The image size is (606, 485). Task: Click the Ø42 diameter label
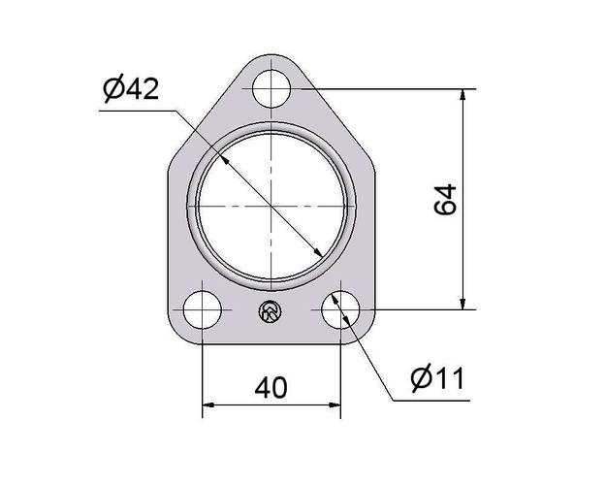click(x=131, y=89)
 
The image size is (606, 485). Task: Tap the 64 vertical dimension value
click(x=445, y=200)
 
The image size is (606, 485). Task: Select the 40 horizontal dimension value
click(x=271, y=388)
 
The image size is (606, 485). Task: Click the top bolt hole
click(x=271, y=88)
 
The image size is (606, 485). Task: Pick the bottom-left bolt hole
click(x=202, y=309)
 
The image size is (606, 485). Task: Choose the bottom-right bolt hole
click(x=340, y=309)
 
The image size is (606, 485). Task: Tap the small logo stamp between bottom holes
click(x=271, y=310)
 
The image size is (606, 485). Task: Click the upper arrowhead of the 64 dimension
click(x=462, y=95)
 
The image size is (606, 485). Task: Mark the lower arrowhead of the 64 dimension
click(x=462, y=304)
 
